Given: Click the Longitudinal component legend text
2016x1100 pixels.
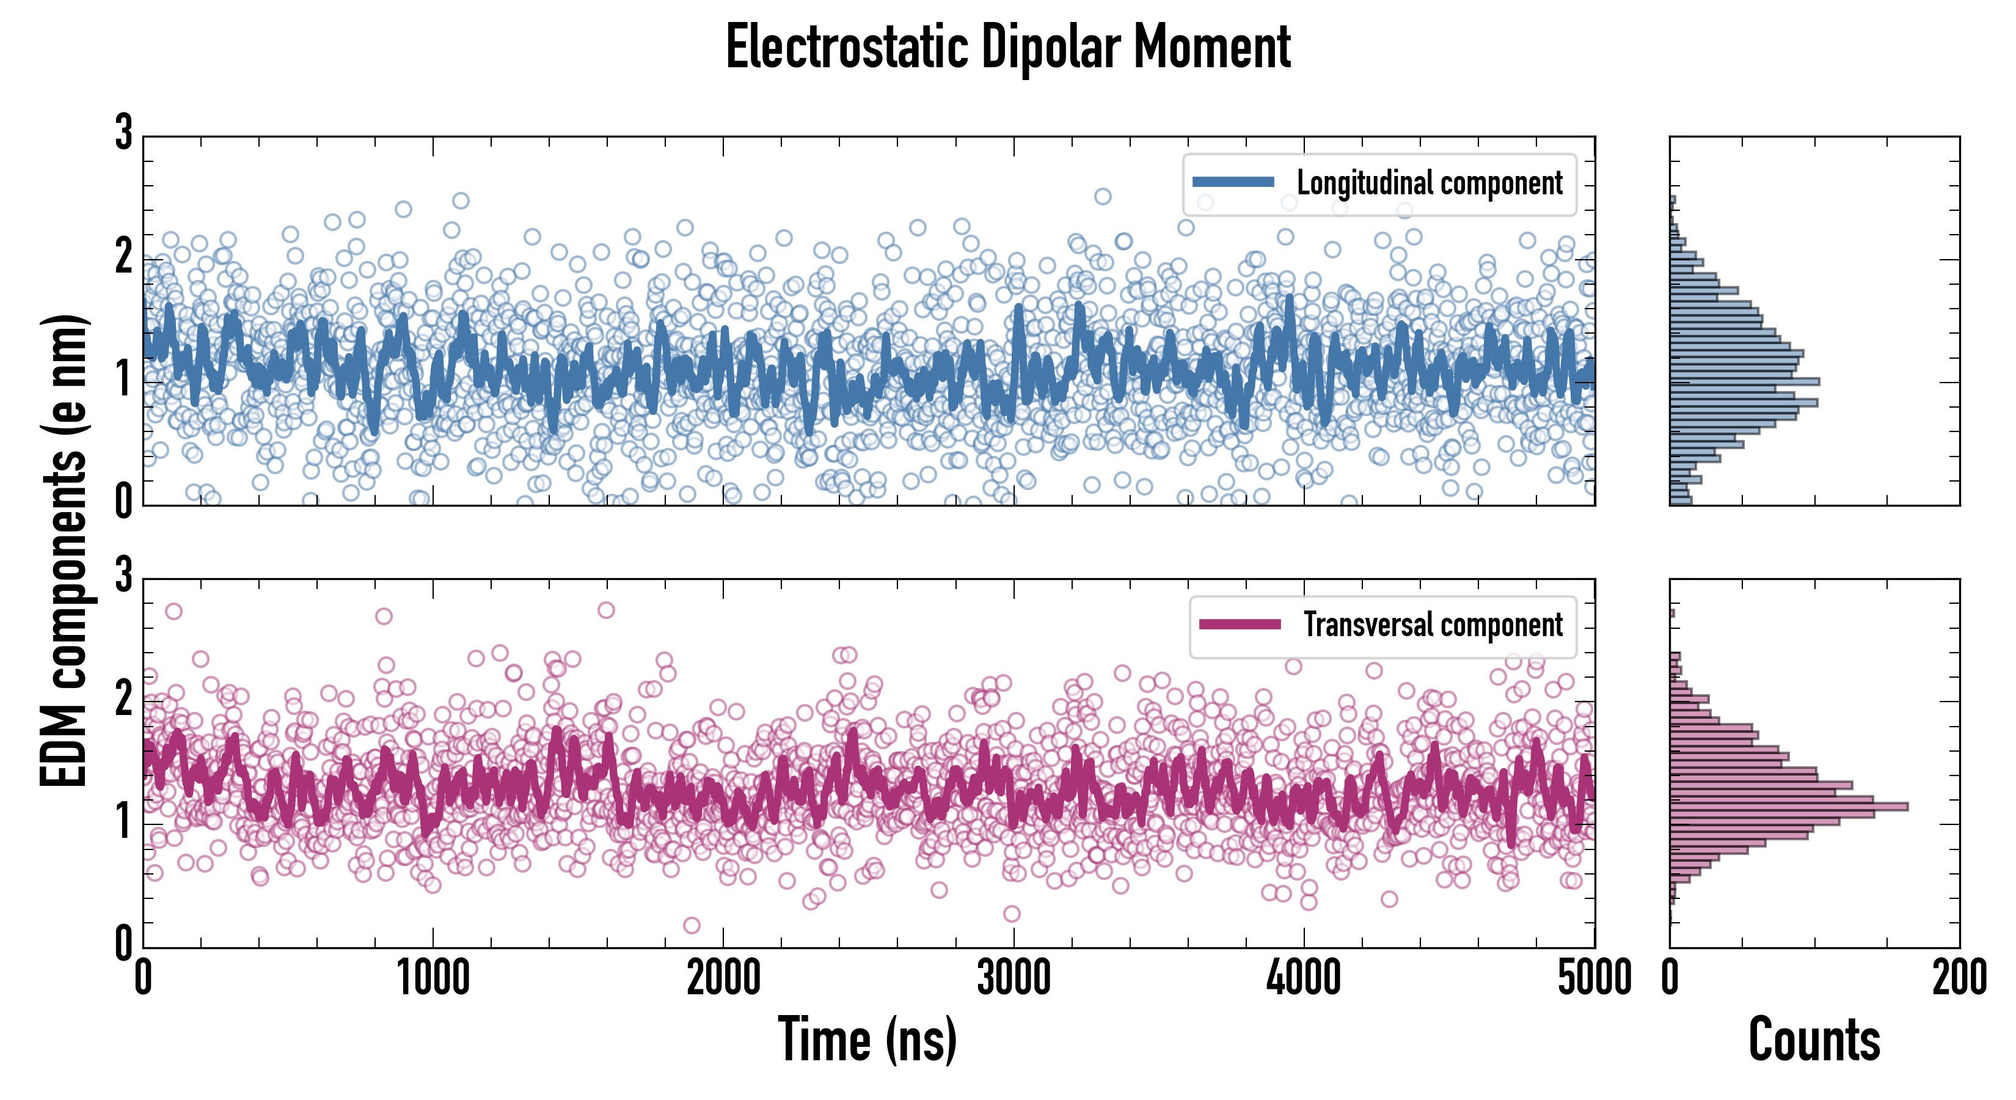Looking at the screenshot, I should (1429, 183).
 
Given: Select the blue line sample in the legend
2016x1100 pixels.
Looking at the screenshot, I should (1233, 183).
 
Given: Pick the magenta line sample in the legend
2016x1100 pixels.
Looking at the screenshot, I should (1240, 624).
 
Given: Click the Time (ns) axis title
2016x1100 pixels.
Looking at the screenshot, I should (867, 1039).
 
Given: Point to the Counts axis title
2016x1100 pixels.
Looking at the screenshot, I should (1814, 1039).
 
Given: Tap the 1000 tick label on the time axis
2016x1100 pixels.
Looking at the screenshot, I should (433, 978).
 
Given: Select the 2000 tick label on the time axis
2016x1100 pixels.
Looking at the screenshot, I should (723, 978).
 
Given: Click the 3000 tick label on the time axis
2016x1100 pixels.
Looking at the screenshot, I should (1013, 978).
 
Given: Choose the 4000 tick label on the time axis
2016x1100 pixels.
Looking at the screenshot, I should (1304, 978).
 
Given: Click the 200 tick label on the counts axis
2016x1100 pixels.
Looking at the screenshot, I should (1959, 978).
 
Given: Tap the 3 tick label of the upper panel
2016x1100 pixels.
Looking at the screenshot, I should (123, 133).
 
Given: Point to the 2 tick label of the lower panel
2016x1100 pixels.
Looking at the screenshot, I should (123, 698).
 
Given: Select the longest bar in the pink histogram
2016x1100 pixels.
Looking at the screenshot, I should (1788, 807).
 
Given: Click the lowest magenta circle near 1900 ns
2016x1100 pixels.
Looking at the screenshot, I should (691, 925).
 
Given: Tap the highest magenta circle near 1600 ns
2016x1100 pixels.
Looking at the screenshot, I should (606, 610).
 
